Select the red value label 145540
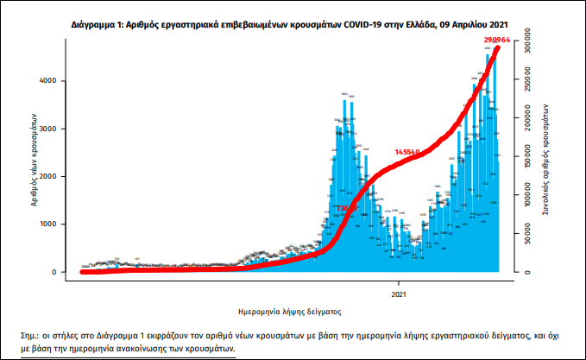point(406,152)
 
